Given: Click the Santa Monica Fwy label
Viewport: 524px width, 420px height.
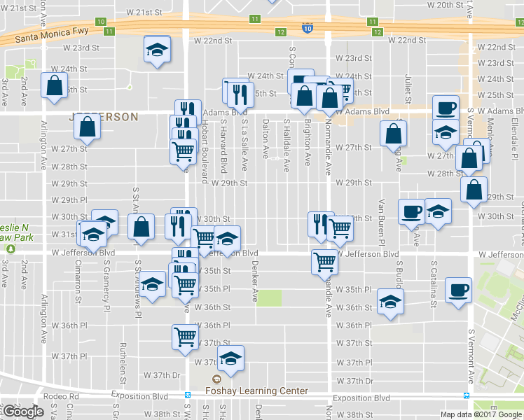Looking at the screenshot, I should (47, 36).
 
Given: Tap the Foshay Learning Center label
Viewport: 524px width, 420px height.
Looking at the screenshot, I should (256, 391).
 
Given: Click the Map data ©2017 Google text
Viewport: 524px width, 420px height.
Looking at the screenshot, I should (481, 414).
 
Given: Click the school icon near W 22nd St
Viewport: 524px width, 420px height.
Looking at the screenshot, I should (157, 50).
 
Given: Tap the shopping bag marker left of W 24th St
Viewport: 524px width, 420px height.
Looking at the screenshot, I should (54, 86).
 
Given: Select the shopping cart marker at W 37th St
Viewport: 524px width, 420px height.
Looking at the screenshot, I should (185, 337).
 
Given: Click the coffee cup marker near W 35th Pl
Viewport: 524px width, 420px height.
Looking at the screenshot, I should (458, 290).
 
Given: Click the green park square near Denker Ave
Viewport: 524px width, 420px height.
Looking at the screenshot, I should (269, 297).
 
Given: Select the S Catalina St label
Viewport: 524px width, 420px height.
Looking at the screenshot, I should (434, 284).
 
